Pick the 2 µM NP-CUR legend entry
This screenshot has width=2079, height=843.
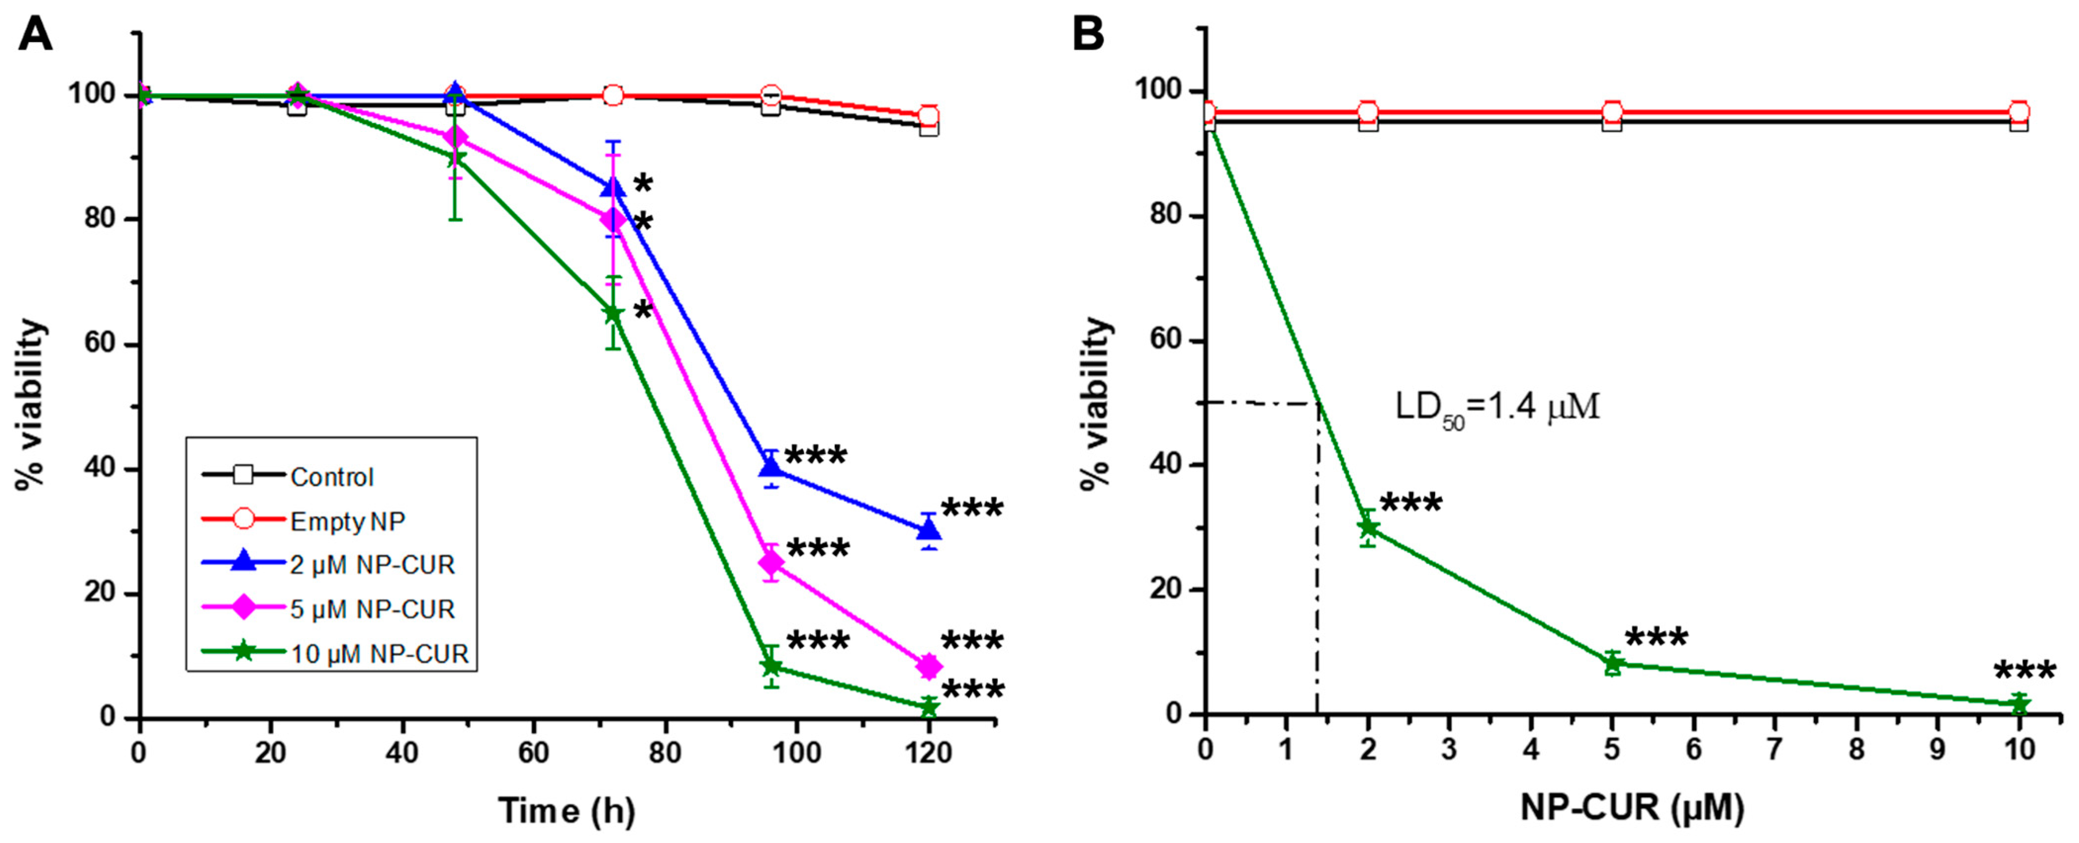point(328,565)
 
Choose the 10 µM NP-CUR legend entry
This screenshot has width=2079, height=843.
point(335,653)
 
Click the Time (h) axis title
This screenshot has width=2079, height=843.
point(567,811)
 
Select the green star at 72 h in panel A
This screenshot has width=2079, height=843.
point(613,313)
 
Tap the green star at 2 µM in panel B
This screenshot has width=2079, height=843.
point(1368,528)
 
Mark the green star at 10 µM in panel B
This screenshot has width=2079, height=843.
point(2019,704)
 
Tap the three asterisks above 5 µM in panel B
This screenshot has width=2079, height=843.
point(1656,637)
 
